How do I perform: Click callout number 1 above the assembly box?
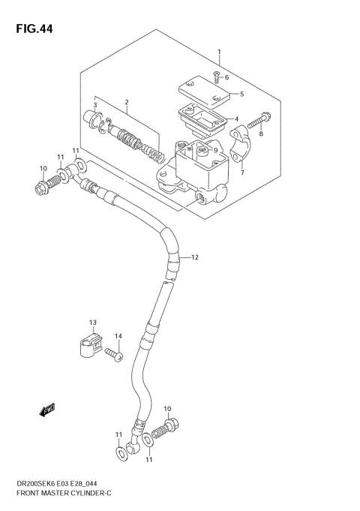coord(218,53)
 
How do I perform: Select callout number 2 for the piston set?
coord(127,102)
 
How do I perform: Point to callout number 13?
coord(93,323)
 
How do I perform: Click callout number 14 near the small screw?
coord(118,335)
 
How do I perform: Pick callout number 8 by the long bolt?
coord(261,134)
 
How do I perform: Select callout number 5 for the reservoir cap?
coord(241,94)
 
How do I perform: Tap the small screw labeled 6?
coord(215,75)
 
